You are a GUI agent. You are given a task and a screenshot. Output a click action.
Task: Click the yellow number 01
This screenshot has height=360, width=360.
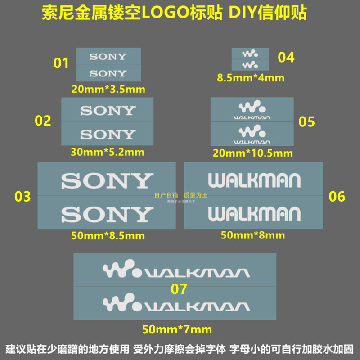[x=61, y=63]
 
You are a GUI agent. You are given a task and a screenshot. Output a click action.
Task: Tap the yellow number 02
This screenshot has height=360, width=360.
[x=43, y=121]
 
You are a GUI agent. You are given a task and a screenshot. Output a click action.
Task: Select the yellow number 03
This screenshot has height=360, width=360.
[x=22, y=197]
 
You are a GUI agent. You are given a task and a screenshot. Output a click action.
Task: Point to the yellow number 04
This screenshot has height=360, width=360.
[x=286, y=57]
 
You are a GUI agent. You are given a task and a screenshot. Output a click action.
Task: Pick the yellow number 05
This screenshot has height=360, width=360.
[x=306, y=121]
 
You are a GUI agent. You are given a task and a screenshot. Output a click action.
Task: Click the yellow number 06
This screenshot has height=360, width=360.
[x=337, y=197]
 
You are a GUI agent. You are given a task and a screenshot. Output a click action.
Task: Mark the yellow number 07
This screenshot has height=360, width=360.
[x=178, y=288]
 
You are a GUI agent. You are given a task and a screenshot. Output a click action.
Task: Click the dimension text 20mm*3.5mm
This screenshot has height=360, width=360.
[x=108, y=89]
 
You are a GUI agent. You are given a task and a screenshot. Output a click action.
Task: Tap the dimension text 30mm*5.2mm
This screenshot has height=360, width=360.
[x=108, y=152]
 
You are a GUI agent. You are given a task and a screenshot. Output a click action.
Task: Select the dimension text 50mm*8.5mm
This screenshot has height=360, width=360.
[x=108, y=235]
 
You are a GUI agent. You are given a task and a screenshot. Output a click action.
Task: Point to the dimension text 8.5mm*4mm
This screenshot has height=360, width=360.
[x=251, y=77]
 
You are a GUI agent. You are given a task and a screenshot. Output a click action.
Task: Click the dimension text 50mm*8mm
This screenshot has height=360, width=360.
[x=253, y=235]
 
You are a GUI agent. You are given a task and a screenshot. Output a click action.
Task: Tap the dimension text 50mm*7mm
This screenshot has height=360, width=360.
[x=177, y=329]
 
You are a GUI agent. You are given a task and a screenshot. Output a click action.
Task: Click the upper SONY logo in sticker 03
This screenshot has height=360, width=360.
[x=107, y=181]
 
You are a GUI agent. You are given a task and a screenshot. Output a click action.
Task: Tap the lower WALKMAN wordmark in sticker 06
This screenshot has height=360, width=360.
[x=254, y=214]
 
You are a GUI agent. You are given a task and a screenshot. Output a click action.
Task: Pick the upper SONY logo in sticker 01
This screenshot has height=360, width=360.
[x=108, y=57]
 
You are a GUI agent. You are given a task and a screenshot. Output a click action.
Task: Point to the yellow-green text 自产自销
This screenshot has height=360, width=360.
[x=166, y=195]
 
